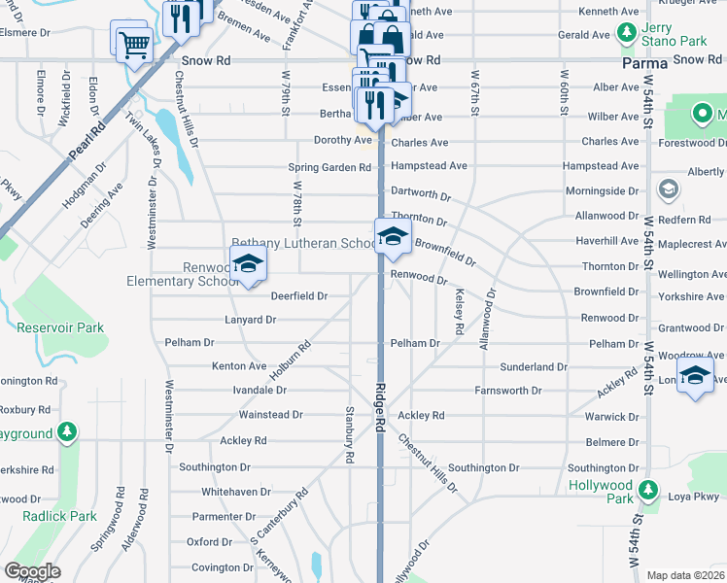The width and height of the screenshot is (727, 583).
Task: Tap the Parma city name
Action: [x=644, y=63]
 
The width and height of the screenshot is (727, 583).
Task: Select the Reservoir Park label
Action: [x=60, y=327]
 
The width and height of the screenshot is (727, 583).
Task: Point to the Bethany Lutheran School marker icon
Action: [x=392, y=237]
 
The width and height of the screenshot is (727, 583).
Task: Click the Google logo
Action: [x=32, y=571]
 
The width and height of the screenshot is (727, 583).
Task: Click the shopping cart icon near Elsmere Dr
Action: [x=133, y=44]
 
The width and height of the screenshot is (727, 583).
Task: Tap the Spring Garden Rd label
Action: [x=330, y=167]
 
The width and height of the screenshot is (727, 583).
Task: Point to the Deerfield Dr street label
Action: [x=298, y=295]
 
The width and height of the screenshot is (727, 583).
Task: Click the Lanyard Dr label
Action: [x=251, y=320]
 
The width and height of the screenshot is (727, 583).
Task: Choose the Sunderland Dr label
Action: [x=534, y=367]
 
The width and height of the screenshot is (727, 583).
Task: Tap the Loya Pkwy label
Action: [x=692, y=497]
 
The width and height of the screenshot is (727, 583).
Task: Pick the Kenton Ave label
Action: [x=239, y=366]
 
